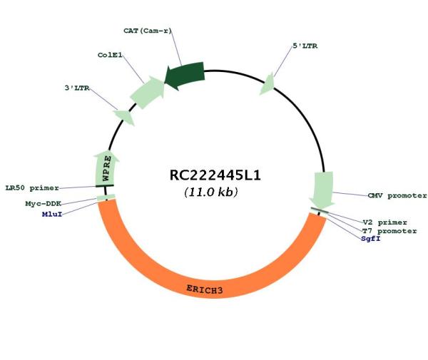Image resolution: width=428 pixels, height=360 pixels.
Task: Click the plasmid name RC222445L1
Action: (x=215, y=175)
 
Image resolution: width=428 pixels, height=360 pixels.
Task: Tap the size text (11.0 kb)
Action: (x=211, y=192)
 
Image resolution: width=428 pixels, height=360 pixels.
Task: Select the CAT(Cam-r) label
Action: (x=148, y=31)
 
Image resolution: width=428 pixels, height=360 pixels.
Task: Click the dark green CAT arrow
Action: (x=185, y=75)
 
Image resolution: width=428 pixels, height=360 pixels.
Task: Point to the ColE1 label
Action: (x=110, y=55)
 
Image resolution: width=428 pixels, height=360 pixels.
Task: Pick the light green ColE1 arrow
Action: (x=148, y=92)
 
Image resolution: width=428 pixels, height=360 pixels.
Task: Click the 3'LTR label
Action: (x=77, y=88)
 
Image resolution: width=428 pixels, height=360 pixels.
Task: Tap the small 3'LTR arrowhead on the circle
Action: (x=125, y=118)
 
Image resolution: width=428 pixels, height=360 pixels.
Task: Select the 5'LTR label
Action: (x=305, y=46)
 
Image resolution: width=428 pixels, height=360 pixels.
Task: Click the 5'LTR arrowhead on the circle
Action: (x=267, y=84)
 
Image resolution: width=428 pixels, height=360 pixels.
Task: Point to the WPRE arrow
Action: (x=106, y=168)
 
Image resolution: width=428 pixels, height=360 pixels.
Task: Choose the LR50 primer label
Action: (x=32, y=187)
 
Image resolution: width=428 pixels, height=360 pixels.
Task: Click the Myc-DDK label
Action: (x=43, y=203)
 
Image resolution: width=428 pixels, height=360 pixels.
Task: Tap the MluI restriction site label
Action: (x=52, y=214)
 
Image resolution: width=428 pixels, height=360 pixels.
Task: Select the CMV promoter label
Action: (x=397, y=195)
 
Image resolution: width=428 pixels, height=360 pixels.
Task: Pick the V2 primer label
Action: (x=385, y=222)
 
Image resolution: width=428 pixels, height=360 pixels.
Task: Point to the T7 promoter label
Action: (x=389, y=231)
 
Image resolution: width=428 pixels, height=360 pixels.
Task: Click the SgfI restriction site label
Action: (x=371, y=239)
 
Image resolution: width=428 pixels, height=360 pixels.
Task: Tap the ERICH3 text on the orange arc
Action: (x=205, y=289)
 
